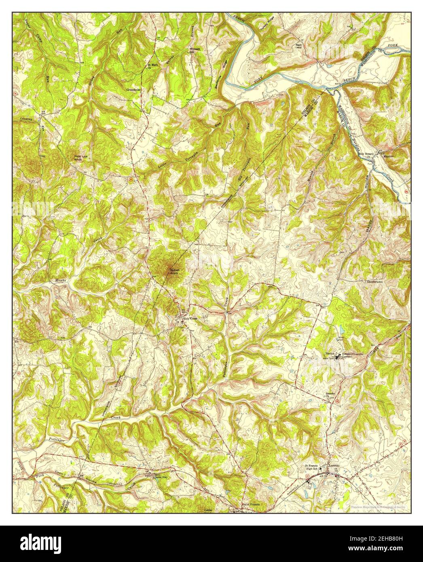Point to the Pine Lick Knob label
click(80, 158)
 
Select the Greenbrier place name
click(133, 89)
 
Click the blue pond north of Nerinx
click(341, 328)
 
